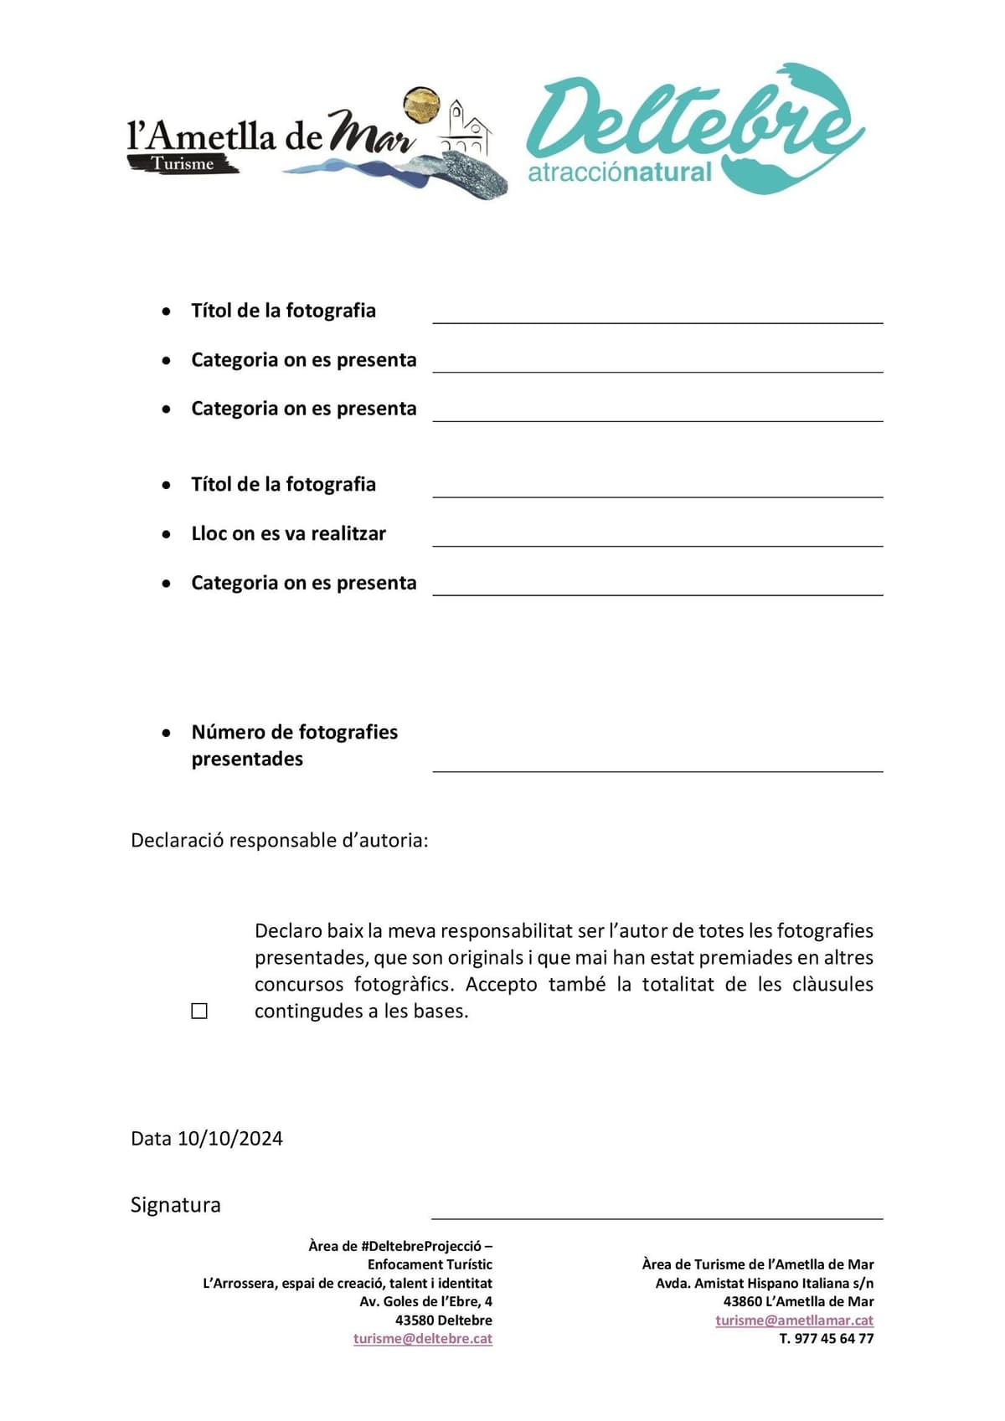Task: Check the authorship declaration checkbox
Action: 199,1012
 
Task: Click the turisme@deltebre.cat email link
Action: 422,1338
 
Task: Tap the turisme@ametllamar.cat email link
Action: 794,1320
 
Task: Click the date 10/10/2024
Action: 230,1138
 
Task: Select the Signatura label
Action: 176,1205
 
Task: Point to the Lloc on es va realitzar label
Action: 288,533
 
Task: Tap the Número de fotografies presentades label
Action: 294,744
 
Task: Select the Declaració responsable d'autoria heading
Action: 279,840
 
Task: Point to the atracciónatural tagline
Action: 619,173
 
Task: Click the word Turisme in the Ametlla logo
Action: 183,164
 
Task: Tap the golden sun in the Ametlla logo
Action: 421,104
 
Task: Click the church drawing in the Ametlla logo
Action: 465,127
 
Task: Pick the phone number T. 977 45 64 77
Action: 826,1338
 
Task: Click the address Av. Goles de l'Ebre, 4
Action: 425,1301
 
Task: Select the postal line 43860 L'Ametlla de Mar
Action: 798,1301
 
